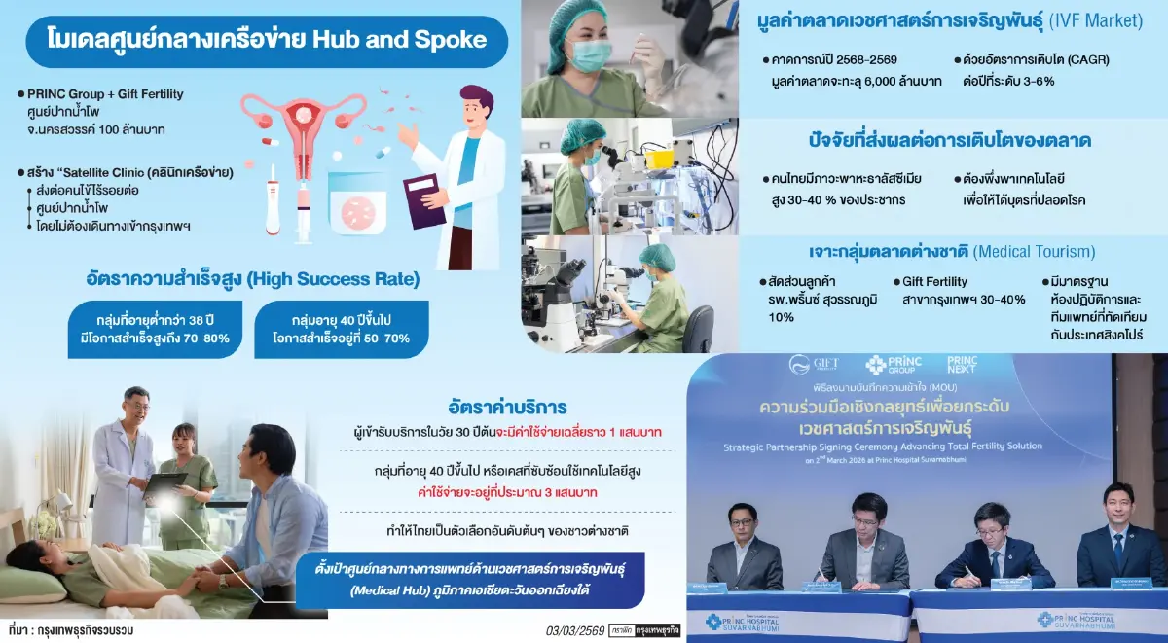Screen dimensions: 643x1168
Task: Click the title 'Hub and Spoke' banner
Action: pyautogui.click(x=265, y=40)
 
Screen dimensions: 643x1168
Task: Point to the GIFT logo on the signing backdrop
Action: pyautogui.click(x=813, y=365)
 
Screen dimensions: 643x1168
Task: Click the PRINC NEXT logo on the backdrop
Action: pyautogui.click(x=962, y=365)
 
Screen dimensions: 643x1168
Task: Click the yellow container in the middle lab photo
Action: pyautogui.click(x=658, y=156)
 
